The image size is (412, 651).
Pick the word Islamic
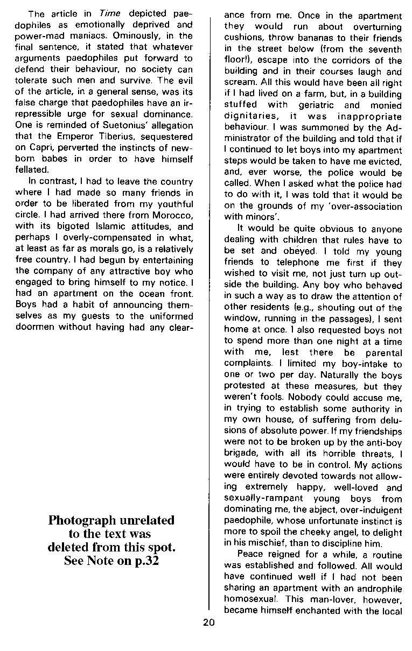(106, 227)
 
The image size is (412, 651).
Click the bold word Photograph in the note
(81, 520)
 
